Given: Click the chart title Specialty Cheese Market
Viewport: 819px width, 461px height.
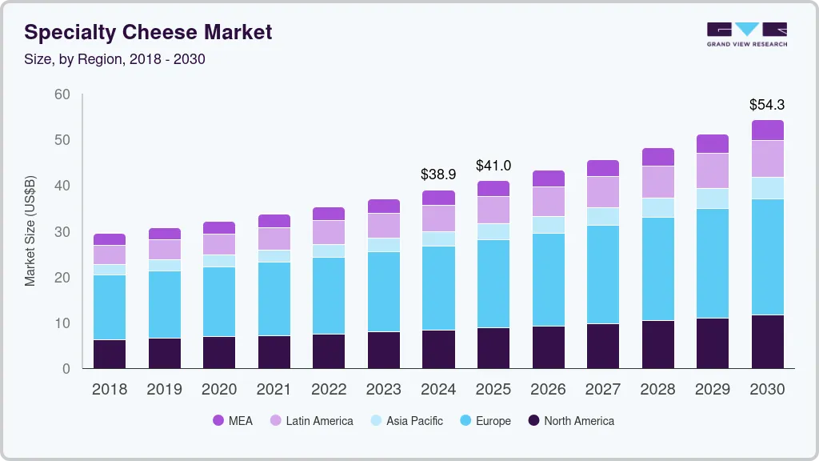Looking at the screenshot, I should point(148,32).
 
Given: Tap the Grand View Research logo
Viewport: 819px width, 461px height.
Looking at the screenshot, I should point(746,34).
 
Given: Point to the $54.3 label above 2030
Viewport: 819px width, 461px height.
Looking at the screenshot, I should point(767,105).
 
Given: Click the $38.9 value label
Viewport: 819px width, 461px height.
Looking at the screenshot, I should point(438,174).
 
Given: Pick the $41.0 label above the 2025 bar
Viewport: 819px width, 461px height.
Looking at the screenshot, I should point(493,166).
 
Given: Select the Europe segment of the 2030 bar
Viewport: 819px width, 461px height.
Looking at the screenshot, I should point(767,256).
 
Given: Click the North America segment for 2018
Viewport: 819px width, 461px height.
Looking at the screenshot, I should point(110,354).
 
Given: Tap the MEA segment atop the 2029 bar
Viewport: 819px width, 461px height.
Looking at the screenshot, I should point(712,143).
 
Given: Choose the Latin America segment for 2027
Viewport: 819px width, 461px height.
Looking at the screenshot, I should point(602,192).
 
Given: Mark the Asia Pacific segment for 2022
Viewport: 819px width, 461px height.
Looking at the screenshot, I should point(329,251).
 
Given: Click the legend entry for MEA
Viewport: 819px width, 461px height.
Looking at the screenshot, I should point(233,420).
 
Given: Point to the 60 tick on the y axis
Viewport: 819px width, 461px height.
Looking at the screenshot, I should point(62,94).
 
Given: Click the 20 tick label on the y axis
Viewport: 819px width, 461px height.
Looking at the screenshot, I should point(62,278).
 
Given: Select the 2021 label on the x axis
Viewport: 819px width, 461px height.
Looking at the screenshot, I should point(274,390).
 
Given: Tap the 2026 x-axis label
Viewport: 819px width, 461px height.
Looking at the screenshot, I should point(548,390).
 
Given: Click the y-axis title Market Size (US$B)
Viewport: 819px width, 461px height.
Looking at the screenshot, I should point(30,232).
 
